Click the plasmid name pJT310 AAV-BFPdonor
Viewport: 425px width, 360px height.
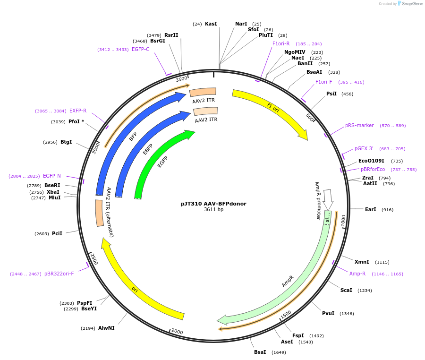point(213,204)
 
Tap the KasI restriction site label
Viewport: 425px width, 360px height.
point(211,24)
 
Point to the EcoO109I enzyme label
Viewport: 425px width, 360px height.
point(371,161)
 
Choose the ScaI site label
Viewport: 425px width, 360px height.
point(346,290)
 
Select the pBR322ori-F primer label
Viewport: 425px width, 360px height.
point(59,274)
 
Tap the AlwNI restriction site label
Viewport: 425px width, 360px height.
point(106,328)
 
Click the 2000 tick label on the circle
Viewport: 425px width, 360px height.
point(177,331)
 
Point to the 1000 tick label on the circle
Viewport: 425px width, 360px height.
point(343,221)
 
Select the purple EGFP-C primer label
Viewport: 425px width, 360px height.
point(141,49)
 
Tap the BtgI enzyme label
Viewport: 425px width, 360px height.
point(66,142)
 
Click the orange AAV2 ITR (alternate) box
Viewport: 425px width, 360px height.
point(99,213)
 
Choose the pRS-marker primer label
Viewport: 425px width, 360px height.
point(359,126)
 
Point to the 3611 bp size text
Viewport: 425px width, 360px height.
point(213,210)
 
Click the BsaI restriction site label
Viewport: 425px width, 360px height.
point(260,352)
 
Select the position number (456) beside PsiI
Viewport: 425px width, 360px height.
point(347,94)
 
